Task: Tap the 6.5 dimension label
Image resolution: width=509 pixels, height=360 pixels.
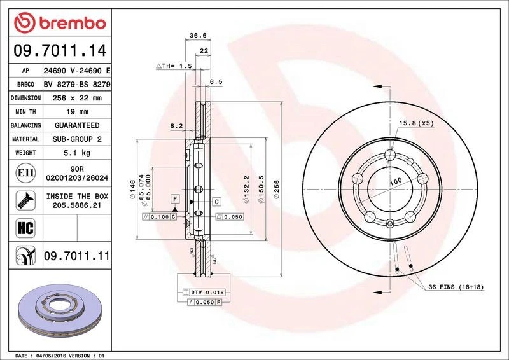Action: coord(216,81)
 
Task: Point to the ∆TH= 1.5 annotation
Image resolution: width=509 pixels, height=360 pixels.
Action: coord(174,66)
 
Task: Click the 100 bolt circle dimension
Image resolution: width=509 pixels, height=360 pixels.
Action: coord(395,181)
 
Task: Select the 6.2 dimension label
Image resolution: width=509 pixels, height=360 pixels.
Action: coord(176,126)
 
